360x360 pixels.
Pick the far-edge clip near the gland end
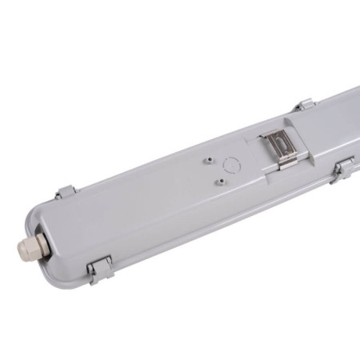(x=66, y=193)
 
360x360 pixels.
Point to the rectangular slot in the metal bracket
(x=280, y=144)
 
